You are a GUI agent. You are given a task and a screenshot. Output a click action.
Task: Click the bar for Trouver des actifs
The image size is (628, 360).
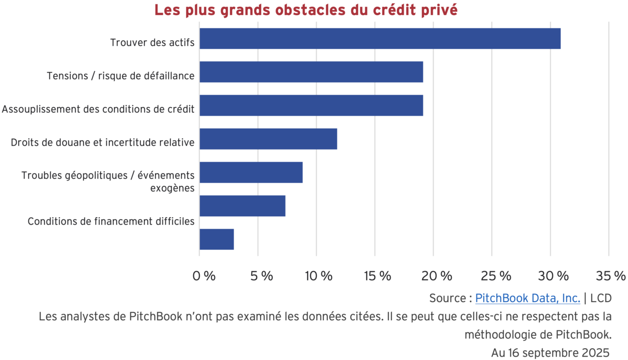[x=380, y=39]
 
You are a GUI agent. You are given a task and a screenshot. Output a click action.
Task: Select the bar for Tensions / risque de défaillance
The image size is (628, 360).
[x=311, y=72]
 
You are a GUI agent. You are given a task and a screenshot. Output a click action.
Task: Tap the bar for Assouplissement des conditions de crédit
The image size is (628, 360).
[x=311, y=105]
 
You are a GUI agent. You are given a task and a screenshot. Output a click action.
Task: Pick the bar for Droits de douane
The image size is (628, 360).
[x=268, y=139]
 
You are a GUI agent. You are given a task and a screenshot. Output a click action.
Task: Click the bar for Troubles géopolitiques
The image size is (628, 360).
[x=251, y=172]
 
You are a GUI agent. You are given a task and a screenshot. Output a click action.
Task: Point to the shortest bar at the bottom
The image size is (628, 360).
[x=216, y=239]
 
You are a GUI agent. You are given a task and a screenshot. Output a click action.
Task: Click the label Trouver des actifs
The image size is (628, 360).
[x=152, y=43]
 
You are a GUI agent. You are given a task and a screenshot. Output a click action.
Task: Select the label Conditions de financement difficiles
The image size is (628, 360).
[x=111, y=221]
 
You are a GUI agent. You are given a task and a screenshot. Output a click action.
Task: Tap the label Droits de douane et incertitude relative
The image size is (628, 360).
[x=103, y=143]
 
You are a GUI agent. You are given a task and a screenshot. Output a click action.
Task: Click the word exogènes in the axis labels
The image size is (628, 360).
[x=172, y=188]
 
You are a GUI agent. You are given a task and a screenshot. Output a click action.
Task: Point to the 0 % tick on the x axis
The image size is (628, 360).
[x=204, y=276]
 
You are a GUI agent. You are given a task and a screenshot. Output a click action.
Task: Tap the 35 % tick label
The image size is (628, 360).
[x=611, y=276]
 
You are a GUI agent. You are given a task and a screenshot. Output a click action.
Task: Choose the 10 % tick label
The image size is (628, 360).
[x=318, y=276]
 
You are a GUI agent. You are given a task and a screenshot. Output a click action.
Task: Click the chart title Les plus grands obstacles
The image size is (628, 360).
[x=306, y=10]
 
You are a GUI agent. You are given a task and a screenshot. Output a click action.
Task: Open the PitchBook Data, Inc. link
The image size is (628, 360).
[x=527, y=298]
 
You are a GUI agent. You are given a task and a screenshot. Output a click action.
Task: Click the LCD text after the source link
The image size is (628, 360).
[x=601, y=298]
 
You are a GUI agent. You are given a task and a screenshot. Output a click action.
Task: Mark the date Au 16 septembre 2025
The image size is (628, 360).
[x=550, y=353]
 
